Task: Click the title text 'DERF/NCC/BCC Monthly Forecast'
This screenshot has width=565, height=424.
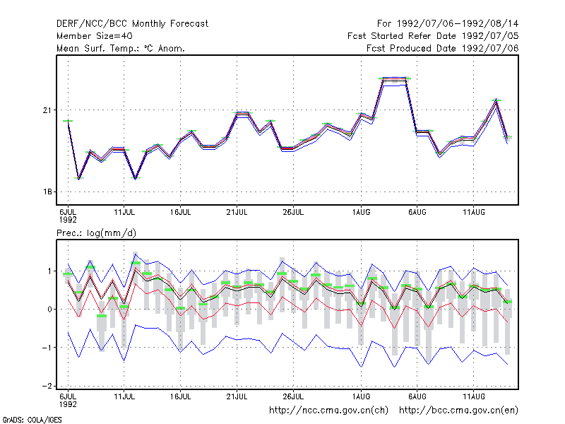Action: point(132,24)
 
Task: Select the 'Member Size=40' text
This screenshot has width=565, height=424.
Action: point(95,36)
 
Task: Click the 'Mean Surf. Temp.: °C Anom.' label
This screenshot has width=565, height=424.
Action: point(121,48)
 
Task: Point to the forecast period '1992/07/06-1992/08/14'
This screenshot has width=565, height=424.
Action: point(458,24)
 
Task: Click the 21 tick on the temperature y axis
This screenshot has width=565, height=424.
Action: point(47,110)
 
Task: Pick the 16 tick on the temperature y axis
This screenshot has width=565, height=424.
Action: point(47,192)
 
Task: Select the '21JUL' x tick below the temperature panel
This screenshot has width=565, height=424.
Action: point(237,213)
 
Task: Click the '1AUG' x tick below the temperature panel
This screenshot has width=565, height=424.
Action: point(361,213)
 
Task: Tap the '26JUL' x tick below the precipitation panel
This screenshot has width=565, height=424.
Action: point(293,396)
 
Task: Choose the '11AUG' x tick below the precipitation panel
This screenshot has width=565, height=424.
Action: point(473,396)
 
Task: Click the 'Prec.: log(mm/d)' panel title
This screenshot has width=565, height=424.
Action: point(96,233)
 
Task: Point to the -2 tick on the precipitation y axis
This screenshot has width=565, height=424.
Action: point(47,386)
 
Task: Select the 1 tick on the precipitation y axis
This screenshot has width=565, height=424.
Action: point(49,271)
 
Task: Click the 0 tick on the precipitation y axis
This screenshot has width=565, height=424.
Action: point(49,310)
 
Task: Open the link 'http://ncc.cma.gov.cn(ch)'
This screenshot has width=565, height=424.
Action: point(328,411)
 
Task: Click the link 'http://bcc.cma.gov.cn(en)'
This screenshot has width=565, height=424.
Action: point(458,411)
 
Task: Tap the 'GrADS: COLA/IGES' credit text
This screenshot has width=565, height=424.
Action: point(32,420)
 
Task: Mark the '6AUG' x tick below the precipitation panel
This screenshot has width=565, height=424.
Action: point(417,396)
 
